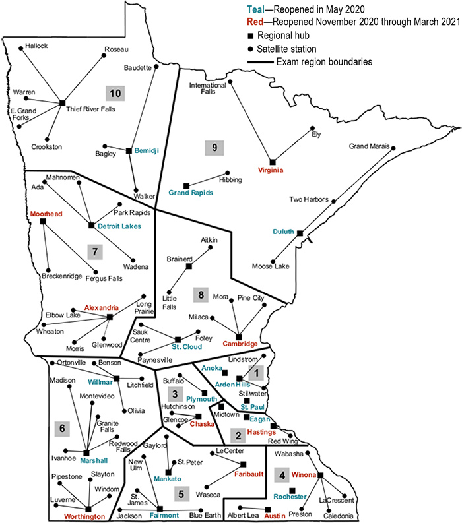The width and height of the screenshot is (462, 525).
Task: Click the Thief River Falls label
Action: pyautogui.click(x=90, y=109)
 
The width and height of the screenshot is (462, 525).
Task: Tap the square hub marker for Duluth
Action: pyautogui.click(x=300, y=233)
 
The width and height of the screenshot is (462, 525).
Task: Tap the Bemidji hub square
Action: pyautogui.click(x=128, y=152)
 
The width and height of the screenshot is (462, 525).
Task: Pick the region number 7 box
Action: pyautogui.click(x=95, y=251)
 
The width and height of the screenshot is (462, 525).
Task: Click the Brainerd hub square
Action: pyautogui.click(x=189, y=266)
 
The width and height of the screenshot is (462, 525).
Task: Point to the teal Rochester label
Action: pyautogui.click(x=291, y=496)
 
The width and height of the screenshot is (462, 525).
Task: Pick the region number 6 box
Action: pyautogui.click(x=62, y=429)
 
